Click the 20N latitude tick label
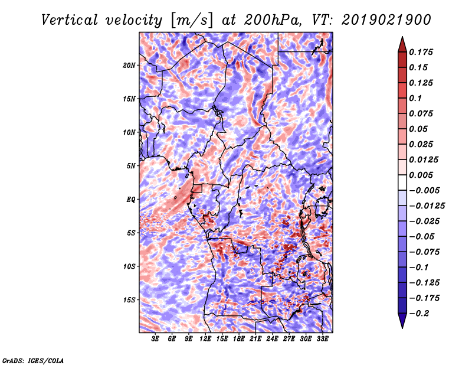(129, 65)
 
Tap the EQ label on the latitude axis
(131, 200)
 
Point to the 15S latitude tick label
(129, 300)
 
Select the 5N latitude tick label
(131, 166)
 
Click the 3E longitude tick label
(156, 339)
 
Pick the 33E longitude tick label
(323, 339)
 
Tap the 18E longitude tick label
(239, 339)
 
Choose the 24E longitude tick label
(273, 339)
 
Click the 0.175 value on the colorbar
(422, 52)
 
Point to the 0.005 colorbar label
(422, 175)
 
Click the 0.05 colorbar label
(419, 129)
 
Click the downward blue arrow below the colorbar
(402, 322)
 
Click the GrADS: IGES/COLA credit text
(33, 360)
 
